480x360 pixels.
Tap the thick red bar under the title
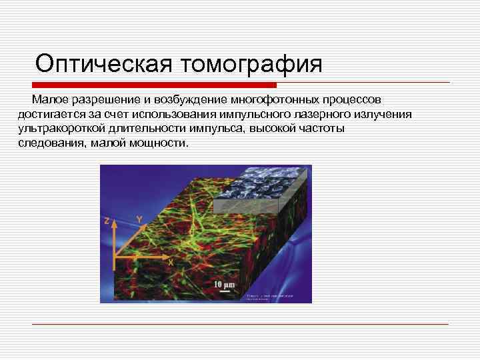point(154,85)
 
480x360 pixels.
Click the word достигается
point(52,115)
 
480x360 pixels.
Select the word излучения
point(383,115)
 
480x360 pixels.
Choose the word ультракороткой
point(63,129)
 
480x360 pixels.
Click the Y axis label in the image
point(139,219)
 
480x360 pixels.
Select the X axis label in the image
point(171,263)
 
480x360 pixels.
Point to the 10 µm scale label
point(225,285)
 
